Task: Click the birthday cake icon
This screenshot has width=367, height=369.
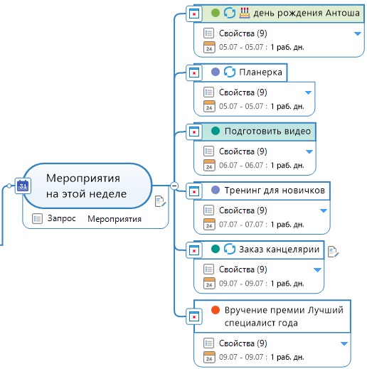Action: point(245,13)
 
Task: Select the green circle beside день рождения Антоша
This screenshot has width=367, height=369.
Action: point(216,13)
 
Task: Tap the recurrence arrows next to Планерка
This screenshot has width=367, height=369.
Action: point(230,72)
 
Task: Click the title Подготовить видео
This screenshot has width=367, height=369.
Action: point(267,131)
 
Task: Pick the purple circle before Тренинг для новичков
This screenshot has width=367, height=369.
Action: point(216,190)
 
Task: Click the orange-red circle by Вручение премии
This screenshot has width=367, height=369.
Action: point(216,310)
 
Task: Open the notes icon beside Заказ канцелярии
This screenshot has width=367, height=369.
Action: point(333,252)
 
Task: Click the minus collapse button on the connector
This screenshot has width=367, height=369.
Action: point(174,186)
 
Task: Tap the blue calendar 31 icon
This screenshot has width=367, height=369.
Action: point(23,186)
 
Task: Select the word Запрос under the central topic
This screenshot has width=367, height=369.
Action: point(62,218)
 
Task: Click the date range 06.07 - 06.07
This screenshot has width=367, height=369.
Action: point(241,165)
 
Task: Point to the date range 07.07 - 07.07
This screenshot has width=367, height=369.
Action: point(241,224)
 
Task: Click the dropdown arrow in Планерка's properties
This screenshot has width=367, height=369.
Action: point(308,92)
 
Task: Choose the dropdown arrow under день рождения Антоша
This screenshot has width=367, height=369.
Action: point(358,33)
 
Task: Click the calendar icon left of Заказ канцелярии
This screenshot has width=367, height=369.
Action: point(194,250)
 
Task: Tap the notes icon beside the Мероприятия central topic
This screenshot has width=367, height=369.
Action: point(160,201)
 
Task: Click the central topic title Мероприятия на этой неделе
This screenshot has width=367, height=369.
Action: point(86,186)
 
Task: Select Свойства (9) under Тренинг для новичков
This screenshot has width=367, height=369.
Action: point(243,210)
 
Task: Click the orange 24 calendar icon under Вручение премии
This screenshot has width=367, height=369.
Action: point(209,357)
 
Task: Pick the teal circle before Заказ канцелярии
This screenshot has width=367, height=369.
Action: point(216,249)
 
